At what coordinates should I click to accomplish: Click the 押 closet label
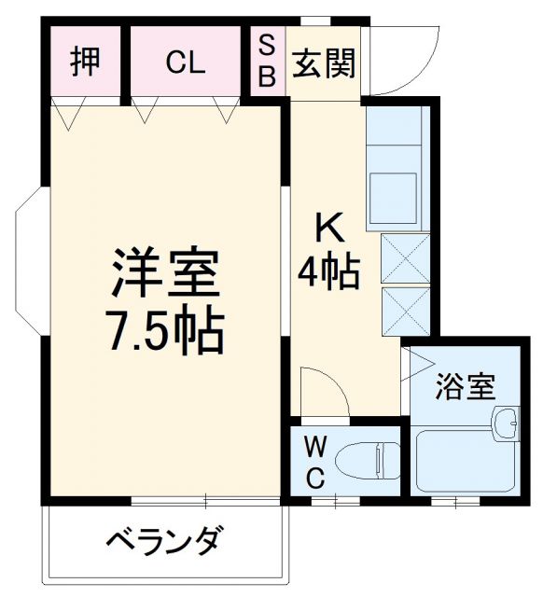coord(85,62)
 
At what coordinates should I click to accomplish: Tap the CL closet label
coord(185,63)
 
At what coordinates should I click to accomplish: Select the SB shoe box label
coord(266,61)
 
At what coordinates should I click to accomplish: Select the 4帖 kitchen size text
coord(328,271)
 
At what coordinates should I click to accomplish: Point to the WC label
coord(314,463)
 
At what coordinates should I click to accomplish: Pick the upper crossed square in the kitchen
coord(406,258)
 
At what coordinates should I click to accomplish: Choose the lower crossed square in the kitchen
coord(406,311)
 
